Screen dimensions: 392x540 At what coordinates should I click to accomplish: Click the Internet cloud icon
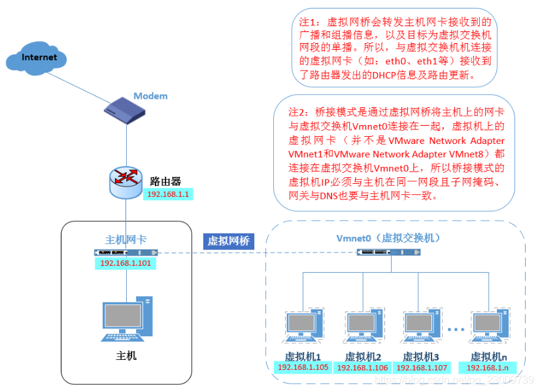click(x=39, y=57)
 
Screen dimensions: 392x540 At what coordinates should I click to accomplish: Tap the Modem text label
click(x=150, y=96)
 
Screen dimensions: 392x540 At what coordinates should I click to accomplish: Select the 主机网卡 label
click(x=126, y=240)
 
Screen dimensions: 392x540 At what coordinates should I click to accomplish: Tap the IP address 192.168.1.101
click(x=126, y=264)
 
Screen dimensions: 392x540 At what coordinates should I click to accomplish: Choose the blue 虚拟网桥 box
click(x=229, y=241)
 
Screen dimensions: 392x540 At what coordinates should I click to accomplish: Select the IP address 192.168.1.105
click(x=303, y=368)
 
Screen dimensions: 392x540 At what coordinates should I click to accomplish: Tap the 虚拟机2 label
click(x=362, y=357)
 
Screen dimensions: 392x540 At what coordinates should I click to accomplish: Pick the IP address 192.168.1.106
click(x=362, y=368)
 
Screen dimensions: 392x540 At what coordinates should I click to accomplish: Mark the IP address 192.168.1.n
click(x=489, y=368)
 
